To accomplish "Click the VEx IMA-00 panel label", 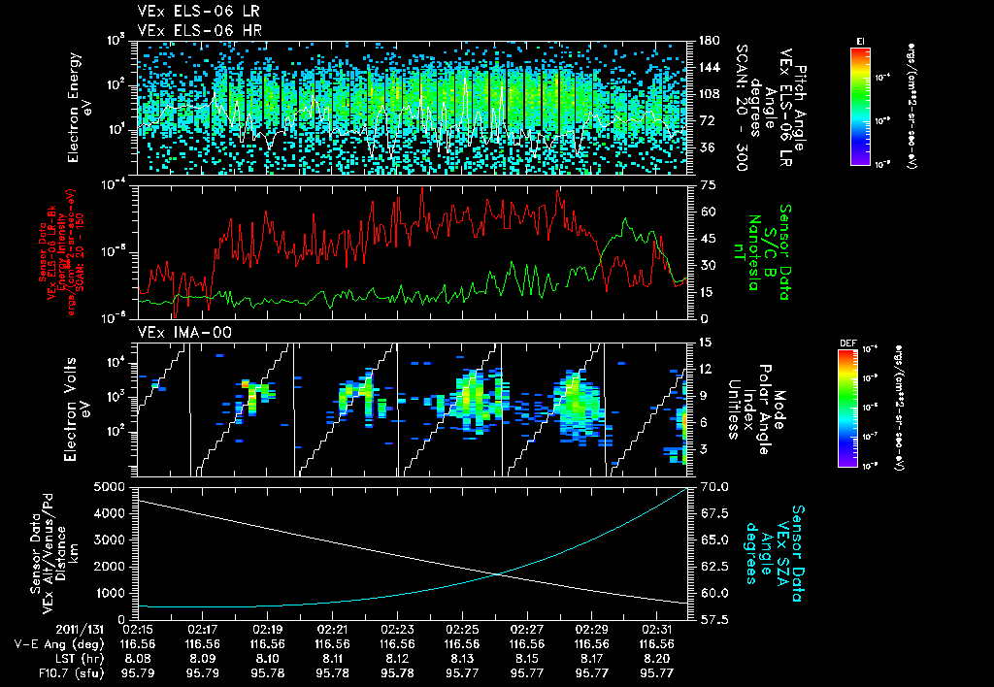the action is (177, 332).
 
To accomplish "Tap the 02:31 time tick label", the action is (657, 629).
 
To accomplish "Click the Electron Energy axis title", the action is (79, 107).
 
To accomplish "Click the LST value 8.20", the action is (657, 657).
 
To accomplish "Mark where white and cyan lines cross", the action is (499, 573).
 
